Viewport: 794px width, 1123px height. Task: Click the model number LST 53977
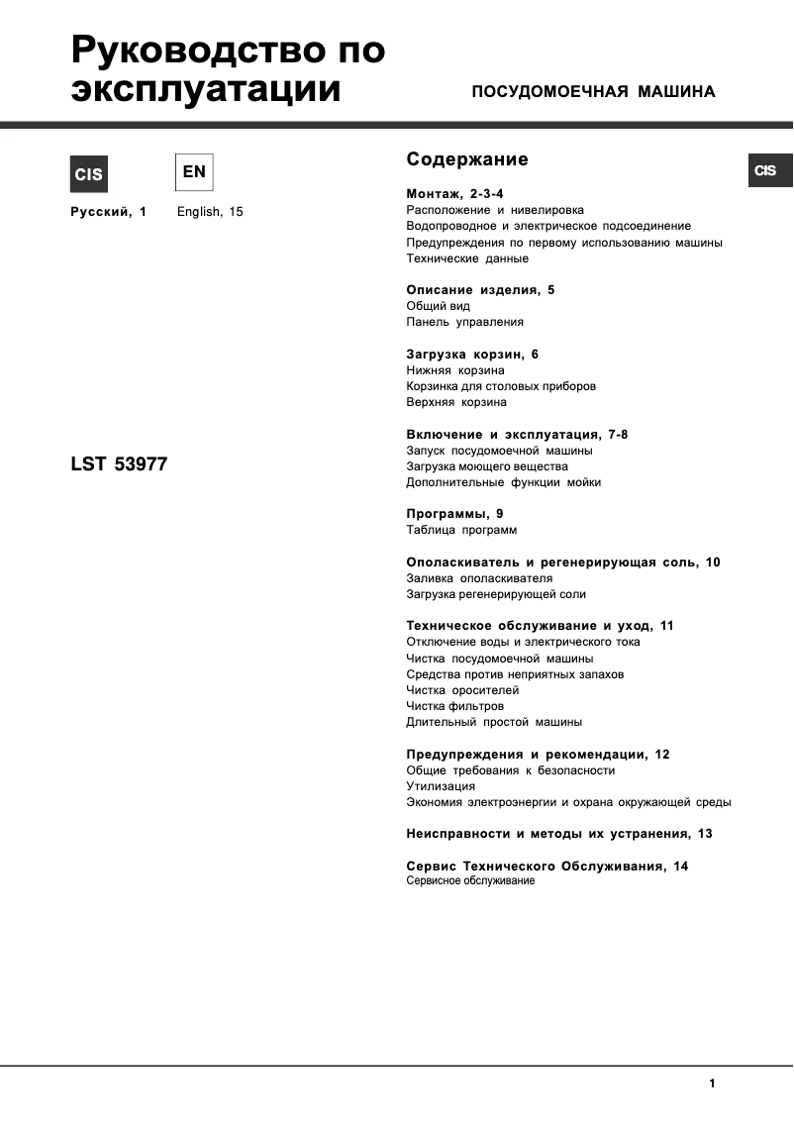pyautogui.click(x=119, y=463)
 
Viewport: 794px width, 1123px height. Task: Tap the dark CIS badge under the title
pyautogui.click(x=87, y=174)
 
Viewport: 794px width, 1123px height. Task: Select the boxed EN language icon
pyautogui.click(x=194, y=172)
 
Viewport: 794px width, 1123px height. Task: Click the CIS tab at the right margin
pyautogui.click(x=765, y=170)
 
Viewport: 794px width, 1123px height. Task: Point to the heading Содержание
pyautogui.click(x=467, y=159)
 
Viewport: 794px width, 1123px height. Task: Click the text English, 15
pyautogui.click(x=210, y=212)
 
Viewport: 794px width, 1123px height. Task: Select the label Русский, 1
pyautogui.click(x=108, y=212)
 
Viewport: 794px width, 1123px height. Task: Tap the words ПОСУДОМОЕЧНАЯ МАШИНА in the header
pyautogui.click(x=593, y=92)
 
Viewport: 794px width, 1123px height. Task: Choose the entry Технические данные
pyautogui.click(x=467, y=258)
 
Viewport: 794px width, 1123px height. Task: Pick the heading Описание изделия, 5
pyautogui.click(x=481, y=290)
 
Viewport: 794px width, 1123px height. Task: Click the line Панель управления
pyautogui.click(x=464, y=322)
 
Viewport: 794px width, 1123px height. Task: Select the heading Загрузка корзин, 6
pyautogui.click(x=472, y=355)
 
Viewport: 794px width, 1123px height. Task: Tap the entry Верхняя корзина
pyautogui.click(x=456, y=402)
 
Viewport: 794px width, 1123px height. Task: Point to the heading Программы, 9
pyautogui.click(x=455, y=514)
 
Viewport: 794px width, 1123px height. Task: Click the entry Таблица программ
pyautogui.click(x=461, y=530)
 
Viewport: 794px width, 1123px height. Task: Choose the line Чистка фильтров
pyautogui.click(x=455, y=706)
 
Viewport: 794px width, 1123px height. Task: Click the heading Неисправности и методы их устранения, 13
pyautogui.click(x=559, y=834)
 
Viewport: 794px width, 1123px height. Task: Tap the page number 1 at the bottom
pyautogui.click(x=712, y=1083)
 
